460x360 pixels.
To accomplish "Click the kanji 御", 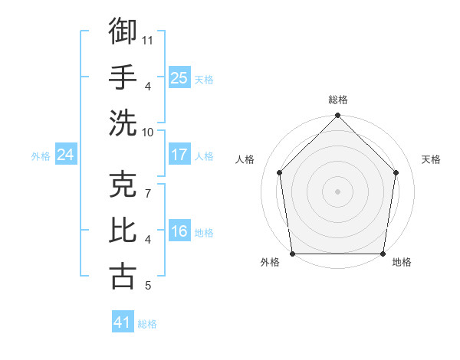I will [x=123, y=31].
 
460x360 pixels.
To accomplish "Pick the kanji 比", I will [x=123, y=229].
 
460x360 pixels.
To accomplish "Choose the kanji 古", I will [x=123, y=275].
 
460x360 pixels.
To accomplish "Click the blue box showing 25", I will [x=179, y=78].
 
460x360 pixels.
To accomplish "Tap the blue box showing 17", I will [x=179, y=155].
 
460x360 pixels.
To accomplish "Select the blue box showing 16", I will [x=179, y=231].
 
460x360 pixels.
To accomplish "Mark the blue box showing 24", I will [x=65, y=155].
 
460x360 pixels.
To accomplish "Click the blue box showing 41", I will [x=123, y=322].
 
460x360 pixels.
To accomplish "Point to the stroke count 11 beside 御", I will [x=148, y=39].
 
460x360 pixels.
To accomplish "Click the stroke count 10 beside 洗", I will [x=148, y=131].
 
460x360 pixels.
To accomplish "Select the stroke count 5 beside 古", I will [x=147, y=286].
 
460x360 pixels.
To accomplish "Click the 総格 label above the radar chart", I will [x=337, y=100].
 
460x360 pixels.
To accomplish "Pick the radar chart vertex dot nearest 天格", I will [x=396, y=172].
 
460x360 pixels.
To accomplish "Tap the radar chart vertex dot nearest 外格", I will [x=292, y=254].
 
